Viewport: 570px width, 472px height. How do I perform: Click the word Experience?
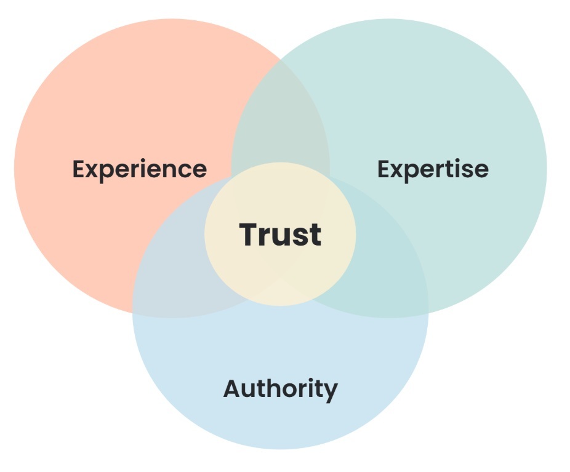click(x=140, y=169)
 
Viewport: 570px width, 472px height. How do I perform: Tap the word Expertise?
click(x=433, y=169)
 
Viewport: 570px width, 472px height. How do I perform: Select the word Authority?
click(x=280, y=389)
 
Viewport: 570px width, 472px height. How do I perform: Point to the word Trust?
click(x=280, y=234)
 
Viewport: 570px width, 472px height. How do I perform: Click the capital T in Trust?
click(x=249, y=234)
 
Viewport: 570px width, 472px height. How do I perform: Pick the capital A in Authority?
click(x=232, y=388)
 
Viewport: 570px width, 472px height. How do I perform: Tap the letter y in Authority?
click(x=331, y=392)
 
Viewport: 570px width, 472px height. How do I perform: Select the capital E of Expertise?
click(x=384, y=169)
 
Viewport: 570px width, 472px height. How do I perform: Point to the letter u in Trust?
click(x=281, y=237)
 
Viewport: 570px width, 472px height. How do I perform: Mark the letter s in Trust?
click(x=300, y=237)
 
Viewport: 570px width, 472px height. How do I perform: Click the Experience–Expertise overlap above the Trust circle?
click(x=280, y=117)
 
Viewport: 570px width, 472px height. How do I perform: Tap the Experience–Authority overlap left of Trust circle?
click(x=179, y=271)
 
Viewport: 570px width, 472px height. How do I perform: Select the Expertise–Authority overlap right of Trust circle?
click(x=385, y=271)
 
